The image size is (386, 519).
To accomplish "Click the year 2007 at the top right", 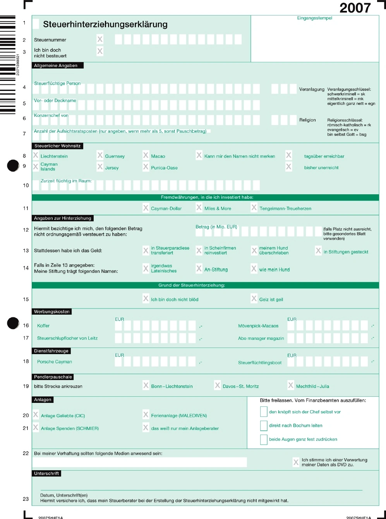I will [x=355, y=8].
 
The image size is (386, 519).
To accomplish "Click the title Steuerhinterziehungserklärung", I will [x=105, y=24].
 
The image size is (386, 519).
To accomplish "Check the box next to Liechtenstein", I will [x=36, y=156].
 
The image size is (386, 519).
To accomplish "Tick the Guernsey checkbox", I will [x=100, y=156].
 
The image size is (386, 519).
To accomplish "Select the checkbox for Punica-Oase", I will [x=146, y=167].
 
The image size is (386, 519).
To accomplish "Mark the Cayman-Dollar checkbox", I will [x=146, y=208].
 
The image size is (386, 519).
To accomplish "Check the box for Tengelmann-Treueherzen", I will [x=254, y=207].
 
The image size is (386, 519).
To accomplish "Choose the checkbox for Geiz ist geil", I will [x=254, y=298].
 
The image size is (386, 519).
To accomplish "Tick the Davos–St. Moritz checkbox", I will [x=218, y=385].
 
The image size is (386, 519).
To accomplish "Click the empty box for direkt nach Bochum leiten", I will [x=264, y=426].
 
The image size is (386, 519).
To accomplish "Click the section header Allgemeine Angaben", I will [x=56, y=66].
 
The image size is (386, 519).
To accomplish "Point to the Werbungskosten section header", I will [x=52, y=312].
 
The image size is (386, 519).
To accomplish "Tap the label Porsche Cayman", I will [x=55, y=362].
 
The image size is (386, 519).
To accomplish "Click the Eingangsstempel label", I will [x=314, y=18].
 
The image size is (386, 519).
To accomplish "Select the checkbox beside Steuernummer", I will [x=100, y=39].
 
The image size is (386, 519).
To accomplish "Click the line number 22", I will [x=26, y=453].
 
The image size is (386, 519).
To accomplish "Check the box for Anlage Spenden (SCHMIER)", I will [x=36, y=428].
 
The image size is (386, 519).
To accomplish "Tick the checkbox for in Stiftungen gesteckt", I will [x=318, y=251].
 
